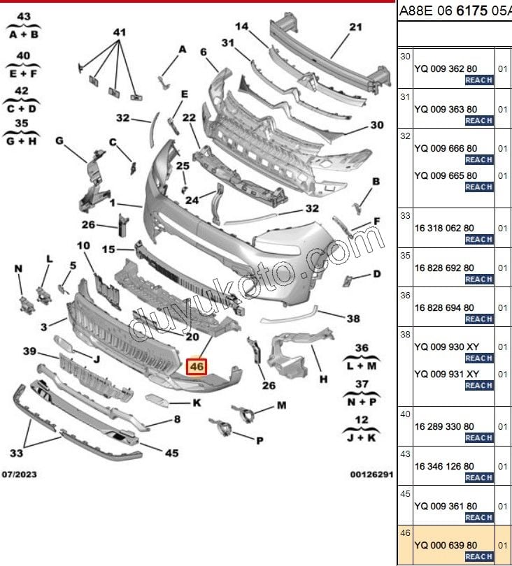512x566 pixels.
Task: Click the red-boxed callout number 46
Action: [197, 367]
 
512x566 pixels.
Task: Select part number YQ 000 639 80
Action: [446, 545]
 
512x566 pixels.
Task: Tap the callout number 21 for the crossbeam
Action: [355, 27]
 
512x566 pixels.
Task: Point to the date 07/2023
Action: [19, 474]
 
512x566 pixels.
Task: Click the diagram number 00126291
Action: [371, 474]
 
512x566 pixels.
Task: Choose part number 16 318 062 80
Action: [444, 228]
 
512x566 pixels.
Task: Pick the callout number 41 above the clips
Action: [120, 32]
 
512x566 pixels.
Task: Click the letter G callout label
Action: [59, 140]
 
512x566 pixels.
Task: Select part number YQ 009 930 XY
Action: [446, 347]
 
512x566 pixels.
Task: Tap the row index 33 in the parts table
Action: [406, 215]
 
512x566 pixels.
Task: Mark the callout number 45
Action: [171, 453]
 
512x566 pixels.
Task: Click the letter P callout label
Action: [259, 441]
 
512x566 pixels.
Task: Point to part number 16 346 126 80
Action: [444, 466]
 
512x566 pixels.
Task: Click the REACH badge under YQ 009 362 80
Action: [479, 80]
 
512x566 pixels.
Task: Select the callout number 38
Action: [353, 319]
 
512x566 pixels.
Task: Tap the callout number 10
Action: [83, 246]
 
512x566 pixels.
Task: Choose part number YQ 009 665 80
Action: [446, 176]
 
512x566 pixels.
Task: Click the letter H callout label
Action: [323, 379]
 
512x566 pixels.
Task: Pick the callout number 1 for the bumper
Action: [113, 203]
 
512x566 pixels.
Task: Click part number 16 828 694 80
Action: [444, 308]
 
